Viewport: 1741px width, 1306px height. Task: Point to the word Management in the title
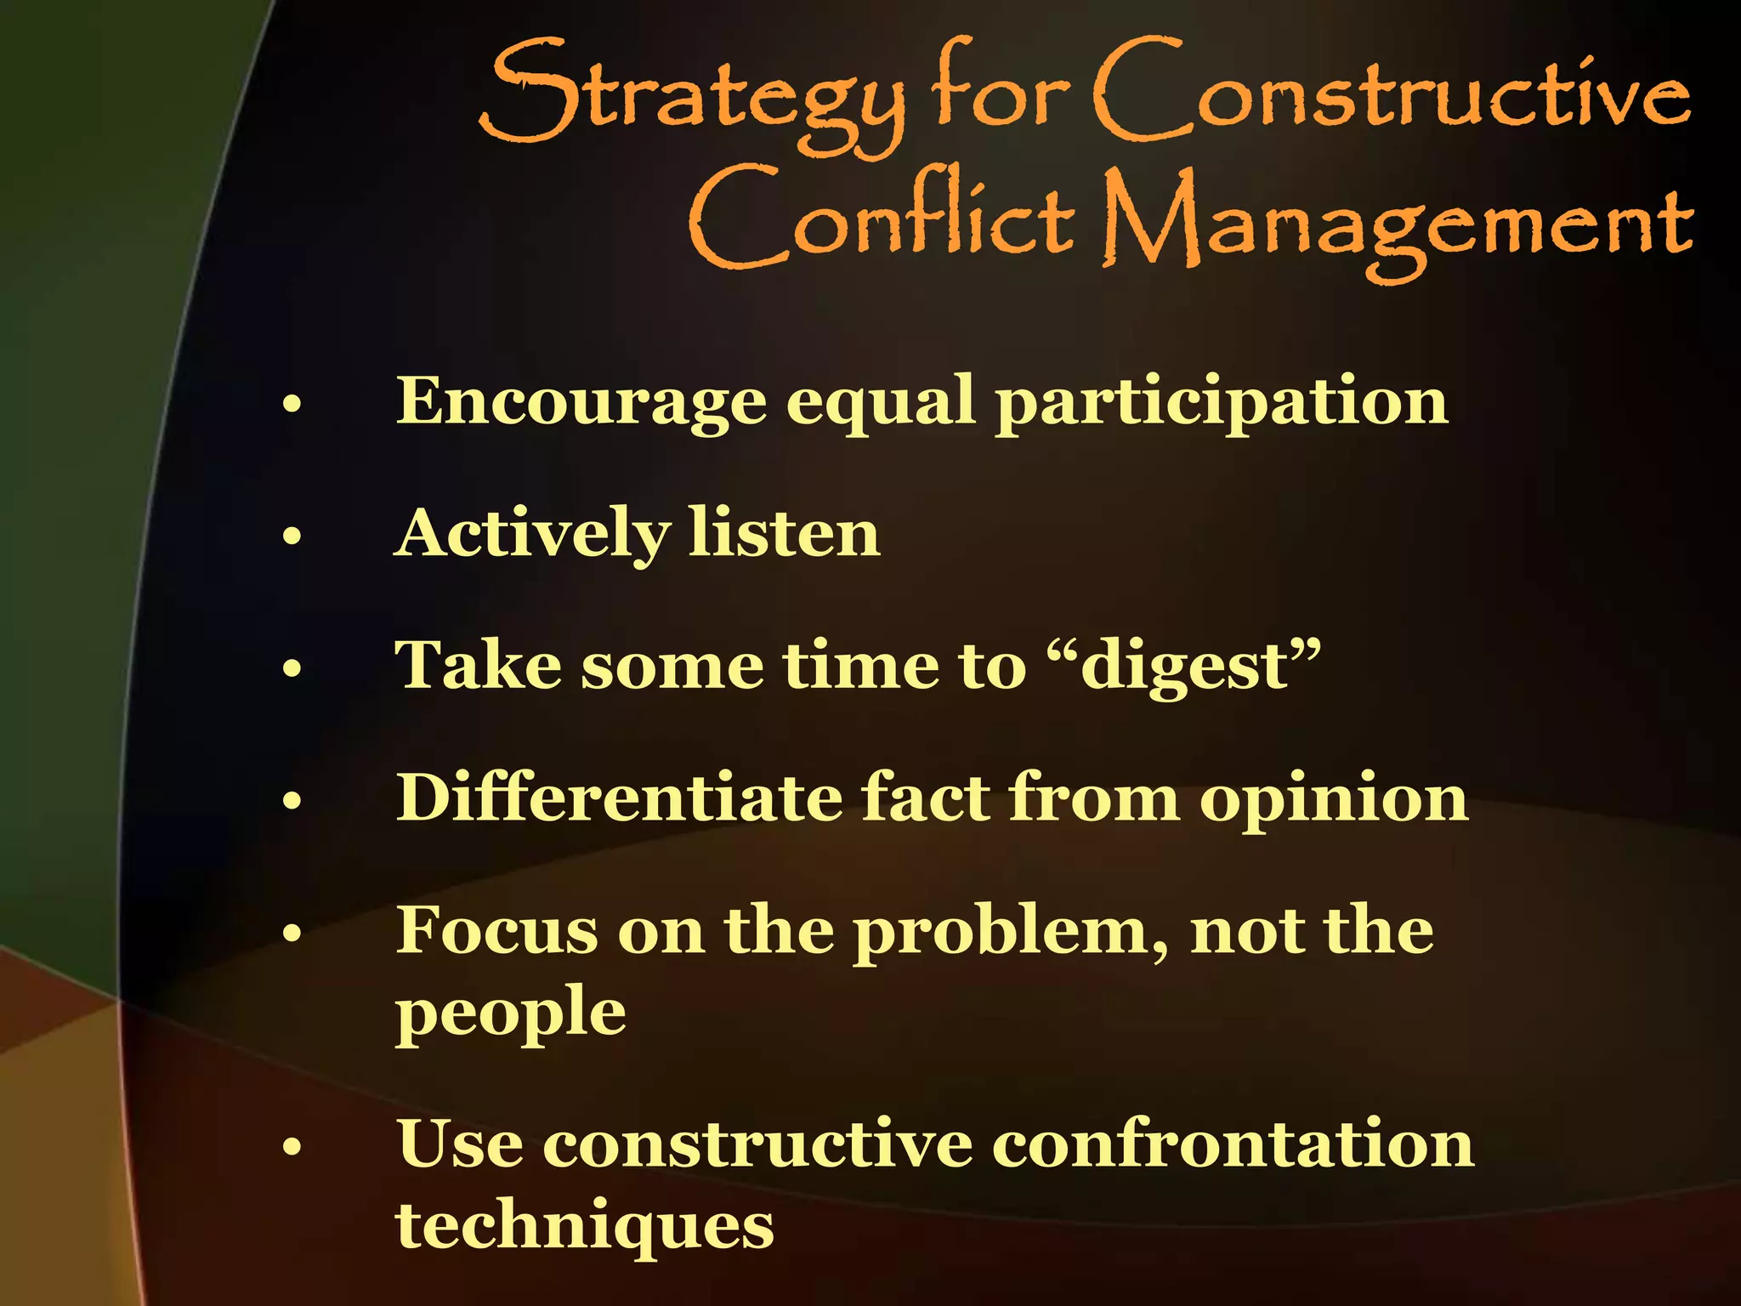click(1398, 224)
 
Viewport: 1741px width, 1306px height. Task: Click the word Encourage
click(581, 401)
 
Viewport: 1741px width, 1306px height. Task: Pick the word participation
click(1222, 403)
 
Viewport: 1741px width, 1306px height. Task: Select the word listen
click(784, 534)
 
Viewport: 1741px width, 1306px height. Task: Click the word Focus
click(496, 930)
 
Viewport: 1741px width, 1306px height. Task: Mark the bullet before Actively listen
click(292, 537)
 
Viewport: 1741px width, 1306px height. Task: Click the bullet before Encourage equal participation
click(292, 404)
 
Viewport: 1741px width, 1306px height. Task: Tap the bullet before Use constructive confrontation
click(292, 1147)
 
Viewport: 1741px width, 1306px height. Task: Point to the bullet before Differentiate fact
click(292, 800)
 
